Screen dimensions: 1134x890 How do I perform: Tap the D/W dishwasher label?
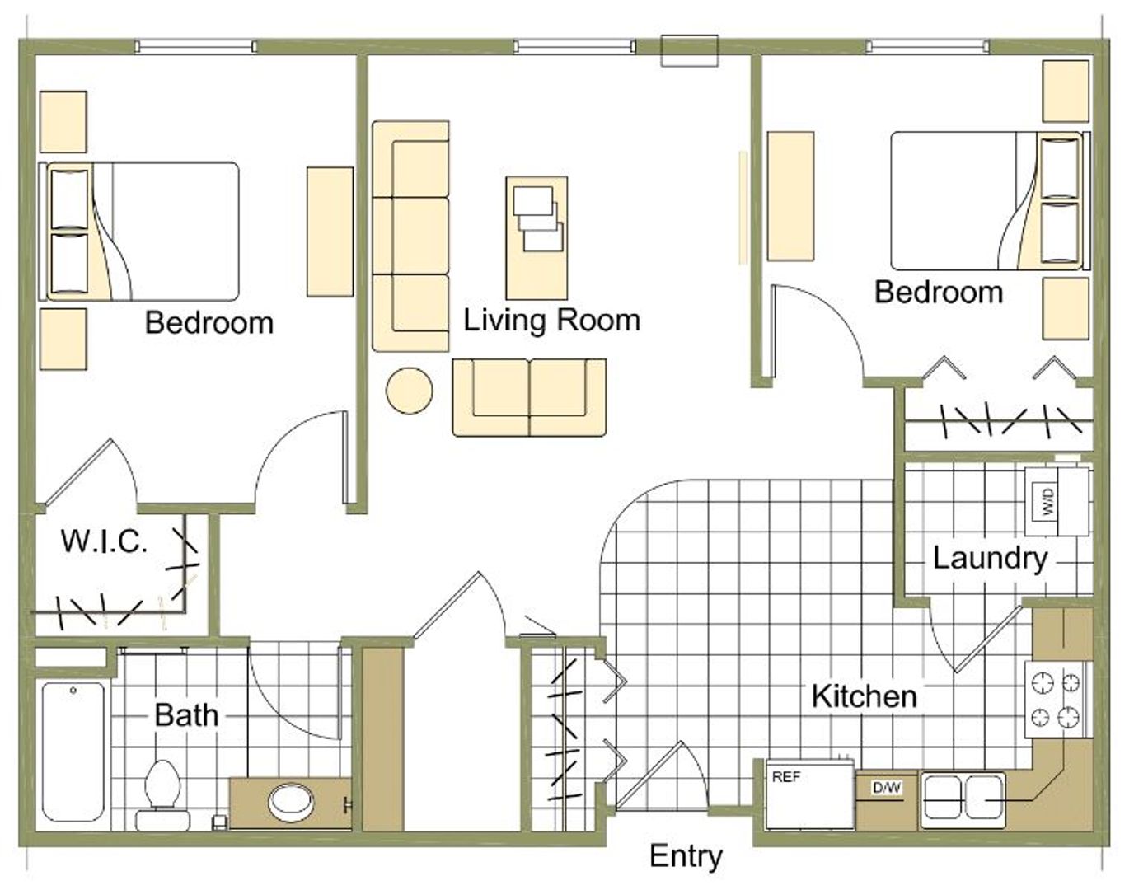coord(887,787)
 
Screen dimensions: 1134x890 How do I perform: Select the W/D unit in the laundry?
coord(1057,501)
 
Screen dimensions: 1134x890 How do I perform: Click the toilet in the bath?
coord(163,797)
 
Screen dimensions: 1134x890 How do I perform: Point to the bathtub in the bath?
coord(73,752)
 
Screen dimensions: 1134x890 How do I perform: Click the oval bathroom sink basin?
coord(291,802)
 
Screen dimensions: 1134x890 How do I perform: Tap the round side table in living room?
coord(409,391)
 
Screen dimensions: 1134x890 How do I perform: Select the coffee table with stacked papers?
coord(537,238)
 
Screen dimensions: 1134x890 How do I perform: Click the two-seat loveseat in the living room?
coord(529,397)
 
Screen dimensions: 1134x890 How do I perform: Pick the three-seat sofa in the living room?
coord(410,236)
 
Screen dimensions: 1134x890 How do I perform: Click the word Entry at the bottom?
coord(686,857)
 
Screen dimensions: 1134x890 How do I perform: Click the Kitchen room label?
coord(865,696)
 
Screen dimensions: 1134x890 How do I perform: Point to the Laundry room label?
coord(990,560)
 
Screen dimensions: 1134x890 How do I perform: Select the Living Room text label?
coord(551,320)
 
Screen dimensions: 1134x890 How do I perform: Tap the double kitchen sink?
coord(963,799)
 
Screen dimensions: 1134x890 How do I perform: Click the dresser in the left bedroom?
coord(330,232)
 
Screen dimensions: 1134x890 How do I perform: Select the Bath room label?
coord(186,714)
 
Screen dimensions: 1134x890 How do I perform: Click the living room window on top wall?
coord(574,47)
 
